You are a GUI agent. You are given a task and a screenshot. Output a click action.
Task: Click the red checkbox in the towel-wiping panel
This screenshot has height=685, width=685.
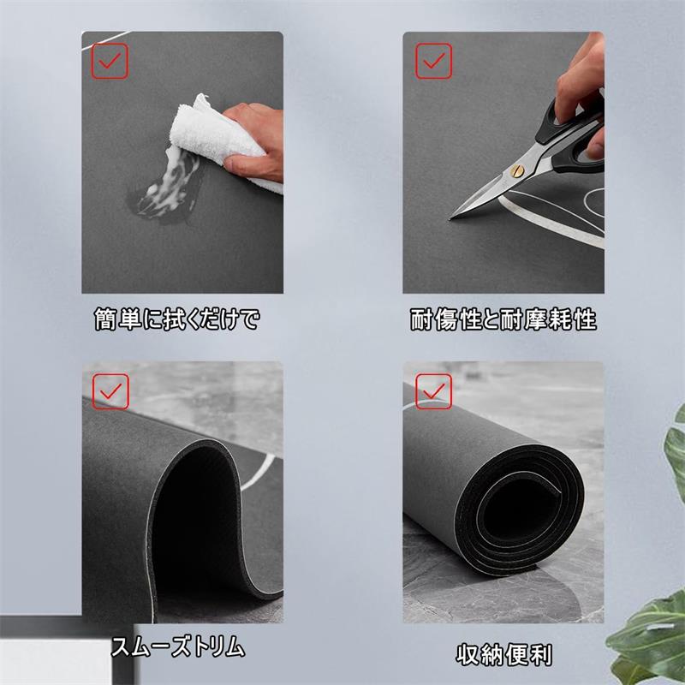click(110, 61)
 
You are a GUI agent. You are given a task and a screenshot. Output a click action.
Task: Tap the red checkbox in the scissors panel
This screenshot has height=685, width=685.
click(433, 61)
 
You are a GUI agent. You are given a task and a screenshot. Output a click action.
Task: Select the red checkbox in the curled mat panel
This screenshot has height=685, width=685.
click(110, 391)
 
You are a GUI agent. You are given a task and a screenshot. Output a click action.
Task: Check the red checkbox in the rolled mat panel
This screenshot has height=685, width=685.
click(433, 391)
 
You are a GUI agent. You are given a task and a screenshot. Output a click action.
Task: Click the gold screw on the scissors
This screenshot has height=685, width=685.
click(517, 170)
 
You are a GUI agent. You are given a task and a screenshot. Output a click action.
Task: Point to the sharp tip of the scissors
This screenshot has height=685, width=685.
click(450, 217)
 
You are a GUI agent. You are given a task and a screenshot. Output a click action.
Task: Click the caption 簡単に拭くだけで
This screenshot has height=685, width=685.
click(177, 319)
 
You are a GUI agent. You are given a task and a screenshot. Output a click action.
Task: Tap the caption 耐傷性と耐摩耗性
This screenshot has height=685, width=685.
click(503, 319)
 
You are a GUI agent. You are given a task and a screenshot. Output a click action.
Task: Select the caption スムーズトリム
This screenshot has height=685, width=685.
click(177, 646)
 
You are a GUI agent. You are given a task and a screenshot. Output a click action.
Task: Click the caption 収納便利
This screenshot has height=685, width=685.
click(503, 655)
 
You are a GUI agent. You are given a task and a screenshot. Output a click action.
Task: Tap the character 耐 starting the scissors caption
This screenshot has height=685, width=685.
click(421, 319)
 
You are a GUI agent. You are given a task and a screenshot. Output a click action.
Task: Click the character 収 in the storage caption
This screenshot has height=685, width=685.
click(468, 655)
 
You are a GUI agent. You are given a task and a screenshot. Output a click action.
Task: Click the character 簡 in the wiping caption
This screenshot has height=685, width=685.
click(105, 319)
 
